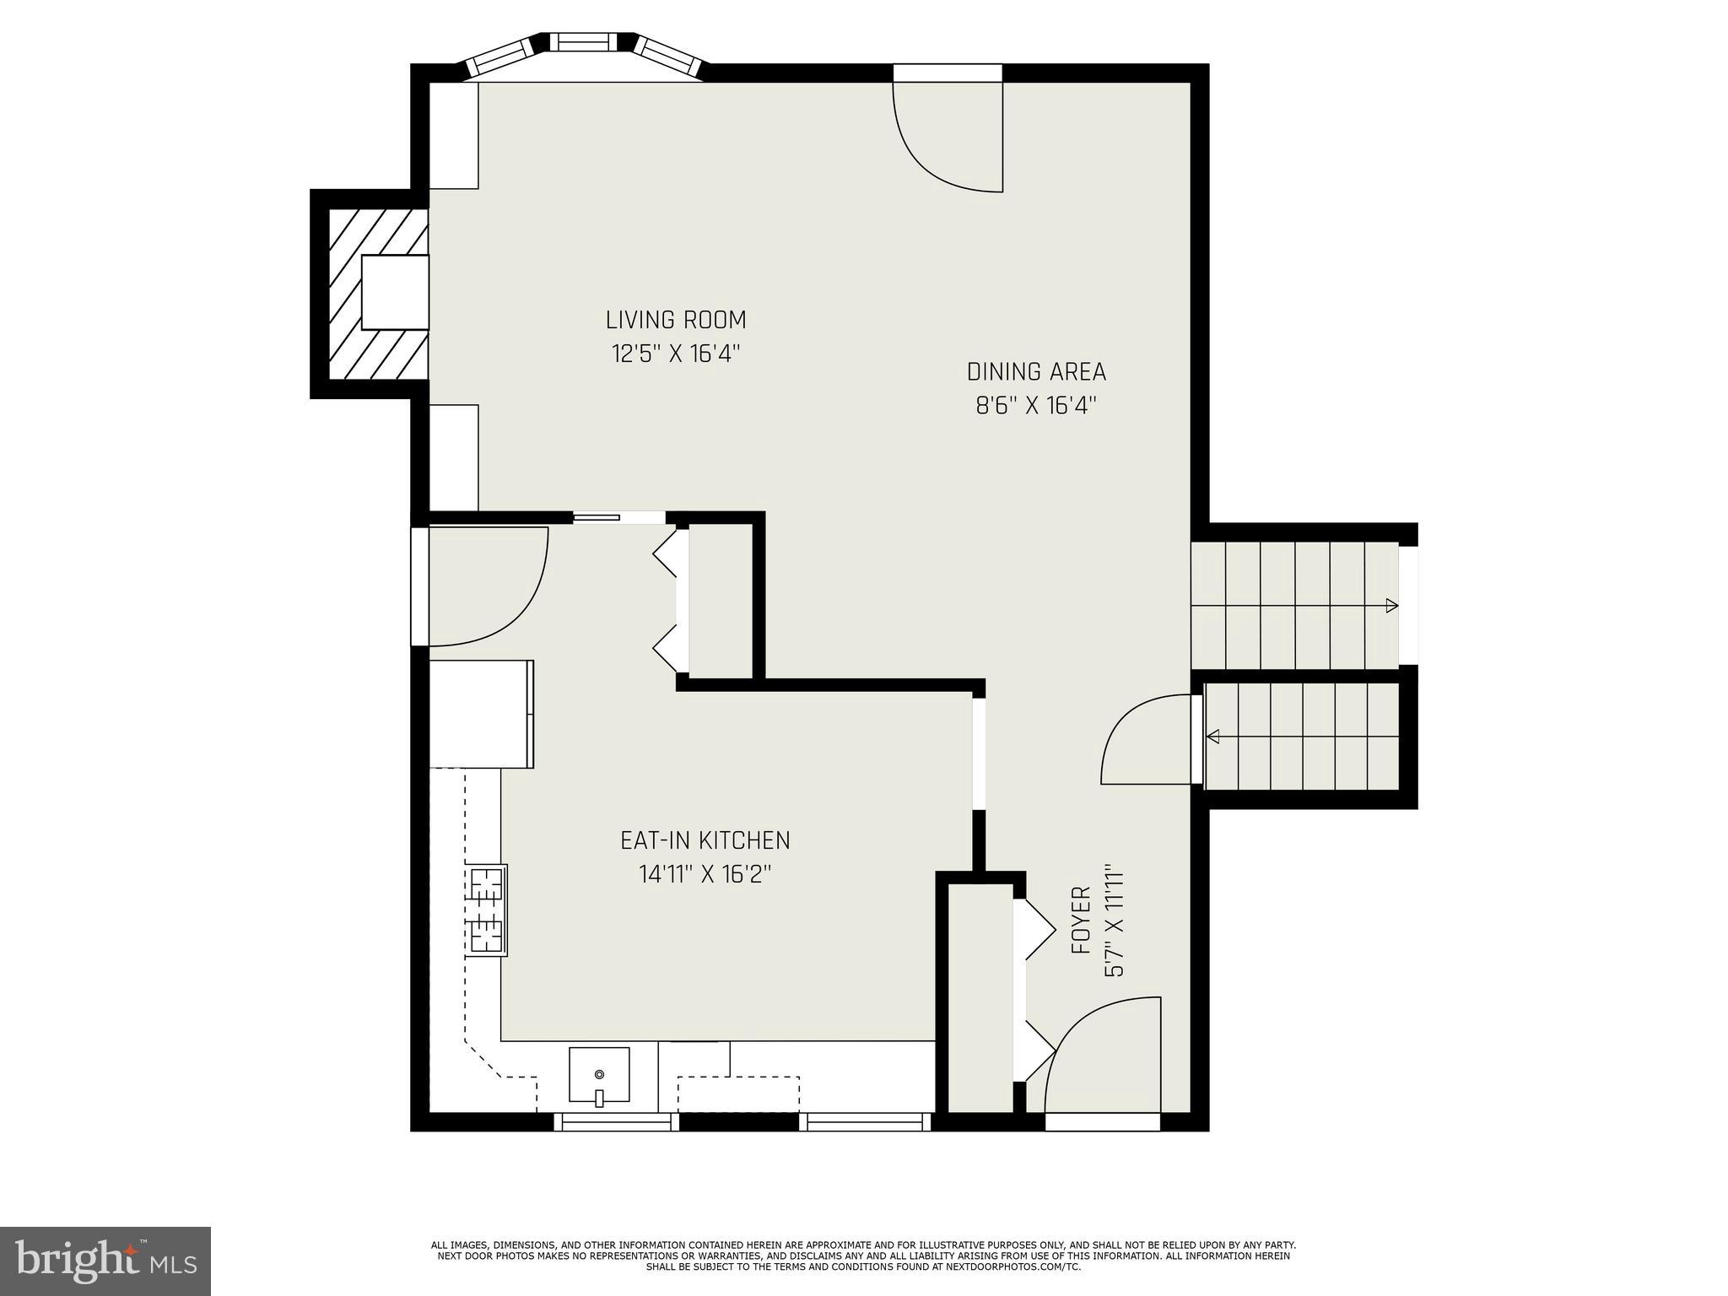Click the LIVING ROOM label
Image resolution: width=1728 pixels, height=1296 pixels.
tap(676, 320)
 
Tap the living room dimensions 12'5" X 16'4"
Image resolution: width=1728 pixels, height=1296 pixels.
tap(676, 353)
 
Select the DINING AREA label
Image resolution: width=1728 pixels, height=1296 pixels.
tap(1035, 371)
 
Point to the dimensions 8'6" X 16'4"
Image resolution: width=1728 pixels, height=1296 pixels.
tap(1035, 406)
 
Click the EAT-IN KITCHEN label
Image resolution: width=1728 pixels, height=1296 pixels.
tap(705, 840)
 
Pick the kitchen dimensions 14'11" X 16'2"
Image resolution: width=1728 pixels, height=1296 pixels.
tap(705, 874)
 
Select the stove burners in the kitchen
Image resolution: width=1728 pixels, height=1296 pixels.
tap(487, 911)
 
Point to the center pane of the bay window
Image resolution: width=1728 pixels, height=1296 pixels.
tap(582, 42)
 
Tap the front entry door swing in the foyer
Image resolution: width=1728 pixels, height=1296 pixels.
tap(1101, 1055)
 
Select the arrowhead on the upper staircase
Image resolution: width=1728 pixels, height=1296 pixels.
tap(1390, 605)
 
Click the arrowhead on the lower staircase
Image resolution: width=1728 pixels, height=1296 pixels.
tap(1213, 737)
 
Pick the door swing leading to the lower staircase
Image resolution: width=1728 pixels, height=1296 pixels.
tap(1147, 739)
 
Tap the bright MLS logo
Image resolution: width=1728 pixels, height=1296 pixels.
tap(105, 1261)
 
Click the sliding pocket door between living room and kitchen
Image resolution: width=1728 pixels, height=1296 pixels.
tap(597, 518)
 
